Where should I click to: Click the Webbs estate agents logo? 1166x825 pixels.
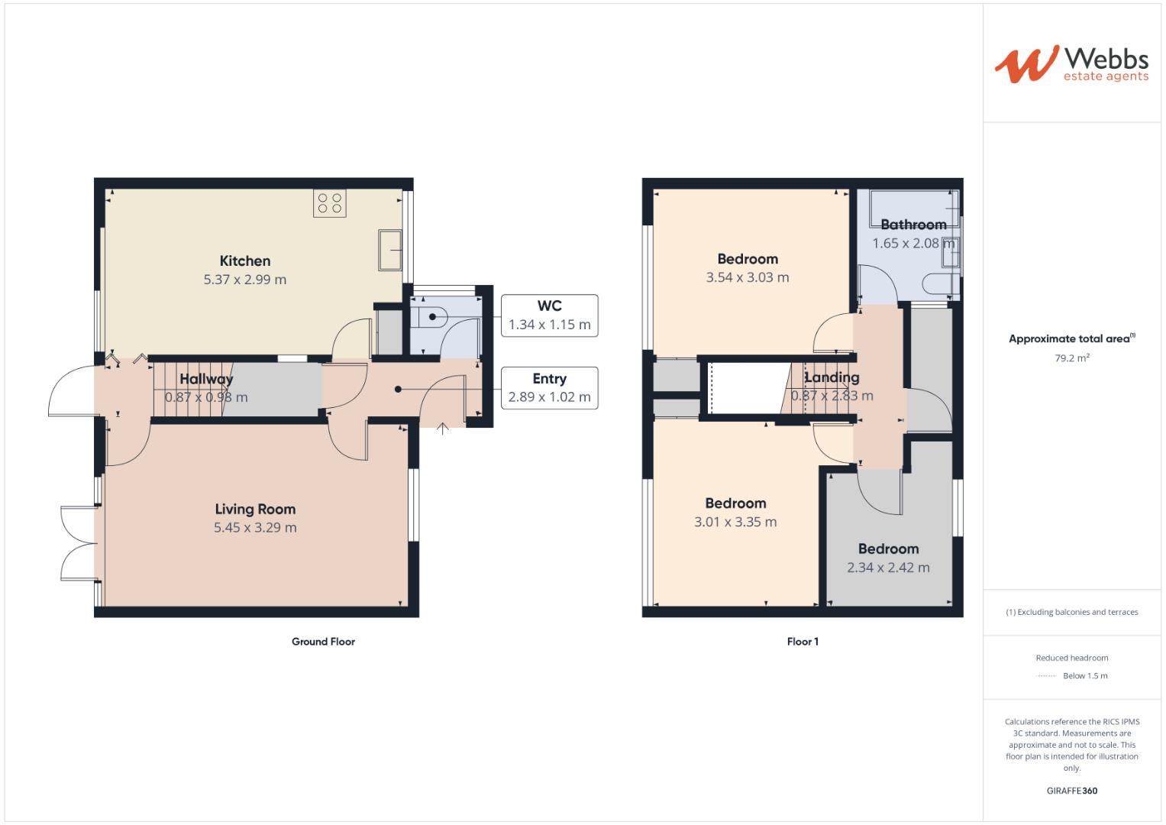pyautogui.click(x=1071, y=63)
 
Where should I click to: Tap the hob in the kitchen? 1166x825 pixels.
pyautogui.click(x=330, y=203)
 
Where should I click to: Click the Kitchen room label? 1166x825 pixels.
pyautogui.click(x=245, y=261)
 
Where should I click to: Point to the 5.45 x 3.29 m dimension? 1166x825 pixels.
pyautogui.click(x=255, y=528)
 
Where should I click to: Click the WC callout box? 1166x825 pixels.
pyautogui.click(x=549, y=315)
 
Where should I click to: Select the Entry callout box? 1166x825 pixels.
pyautogui.click(x=549, y=388)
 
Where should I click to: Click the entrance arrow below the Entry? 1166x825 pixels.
pyautogui.click(x=442, y=429)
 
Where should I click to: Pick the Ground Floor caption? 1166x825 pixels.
pyautogui.click(x=323, y=642)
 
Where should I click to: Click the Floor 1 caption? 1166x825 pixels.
pyautogui.click(x=803, y=642)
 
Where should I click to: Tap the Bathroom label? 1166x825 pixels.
pyautogui.click(x=913, y=225)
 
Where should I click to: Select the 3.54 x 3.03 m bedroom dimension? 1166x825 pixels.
pyautogui.click(x=748, y=278)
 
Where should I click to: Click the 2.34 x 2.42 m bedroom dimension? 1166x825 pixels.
pyautogui.click(x=888, y=568)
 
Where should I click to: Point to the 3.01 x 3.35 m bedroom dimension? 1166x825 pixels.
pyautogui.click(x=735, y=522)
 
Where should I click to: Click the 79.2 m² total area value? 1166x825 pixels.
pyautogui.click(x=1072, y=357)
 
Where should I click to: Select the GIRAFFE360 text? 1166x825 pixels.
pyautogui.click(x=1071, y=791)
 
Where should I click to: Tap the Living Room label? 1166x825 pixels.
pyautogui.click(x=255, y=510)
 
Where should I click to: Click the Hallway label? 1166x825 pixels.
pyautogui.click(x=206, y=379)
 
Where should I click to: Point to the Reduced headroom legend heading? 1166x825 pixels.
pyautogui.click(x=1071, y=658)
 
